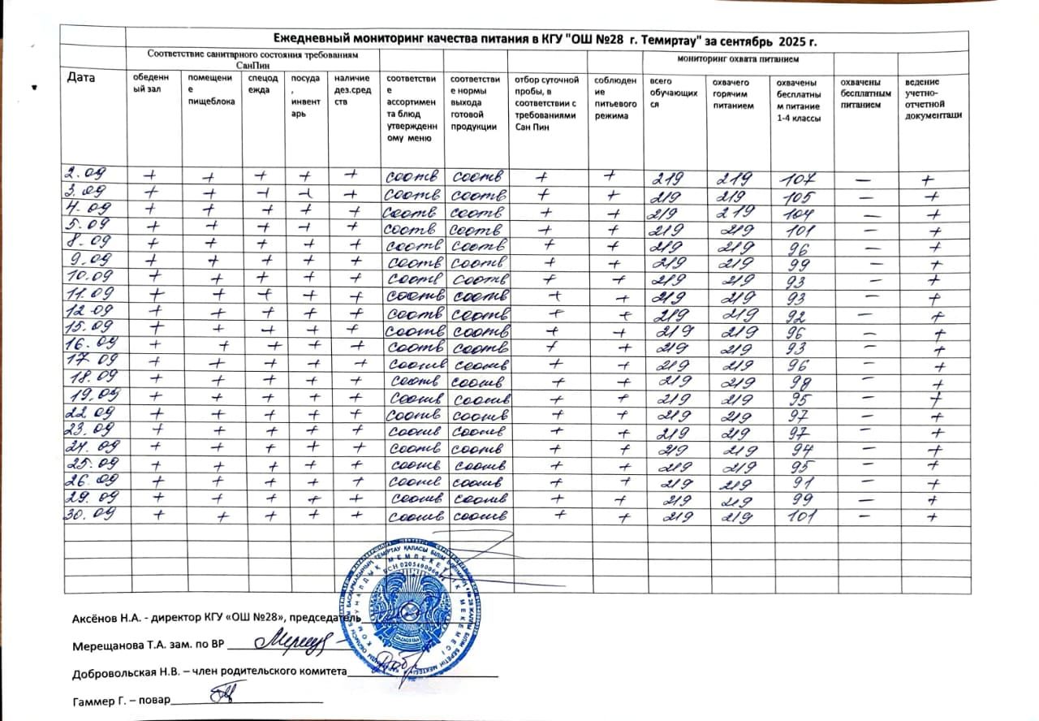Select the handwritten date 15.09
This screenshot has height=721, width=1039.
point(87,328)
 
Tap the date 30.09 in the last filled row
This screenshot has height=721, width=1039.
point(88,514)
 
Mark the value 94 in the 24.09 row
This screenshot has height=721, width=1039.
point(795,449)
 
